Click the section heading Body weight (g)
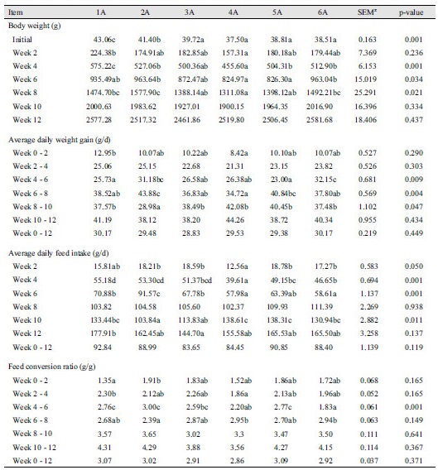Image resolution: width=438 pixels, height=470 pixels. pos(39,26)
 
